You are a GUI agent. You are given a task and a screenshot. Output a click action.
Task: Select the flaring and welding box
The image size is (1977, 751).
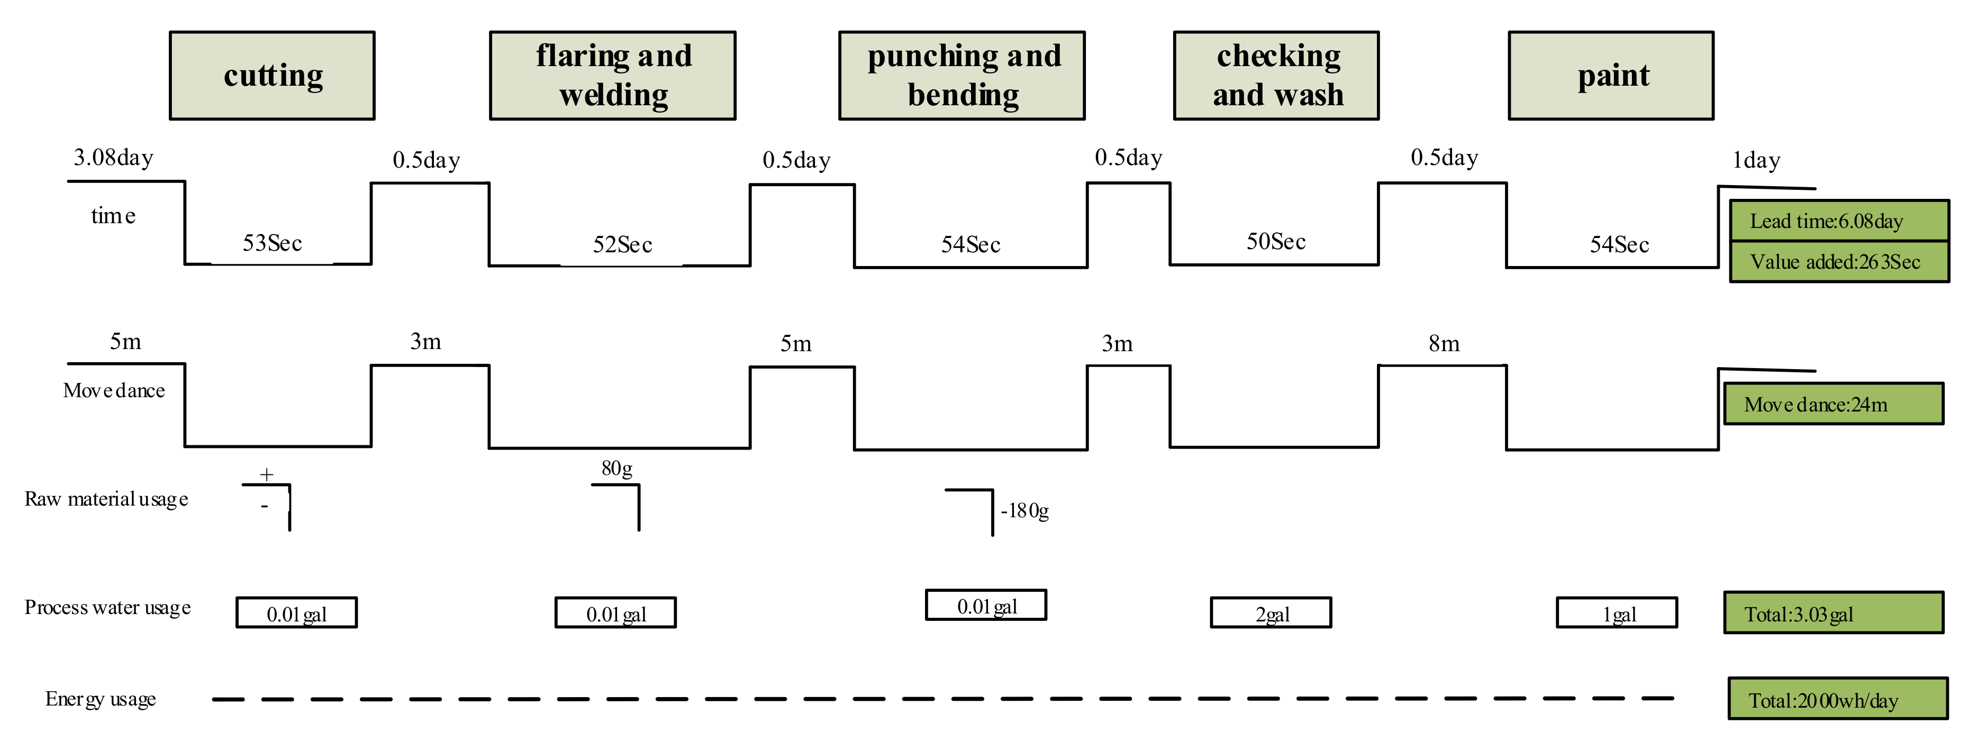pos(612,75)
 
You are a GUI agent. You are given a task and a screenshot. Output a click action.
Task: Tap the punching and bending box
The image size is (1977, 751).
pos(962,75)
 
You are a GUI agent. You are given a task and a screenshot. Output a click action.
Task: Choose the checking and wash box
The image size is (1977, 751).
pos(1276,75)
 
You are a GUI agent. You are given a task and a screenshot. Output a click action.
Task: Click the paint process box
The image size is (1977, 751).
pos(1611,75)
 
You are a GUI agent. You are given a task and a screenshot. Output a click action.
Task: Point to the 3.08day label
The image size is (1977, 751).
pos(114,158)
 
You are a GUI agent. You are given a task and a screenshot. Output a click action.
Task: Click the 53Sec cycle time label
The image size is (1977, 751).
pos(273,244)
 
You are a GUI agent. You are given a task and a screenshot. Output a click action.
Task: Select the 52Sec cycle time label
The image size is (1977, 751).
pos(622,245)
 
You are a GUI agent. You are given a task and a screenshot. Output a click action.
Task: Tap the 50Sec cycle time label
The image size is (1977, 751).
pos(1275,242)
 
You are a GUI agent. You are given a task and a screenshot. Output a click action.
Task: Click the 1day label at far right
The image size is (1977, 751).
pos(1756,160)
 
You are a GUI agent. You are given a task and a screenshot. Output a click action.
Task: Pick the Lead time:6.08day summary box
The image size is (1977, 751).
pos(1839,221)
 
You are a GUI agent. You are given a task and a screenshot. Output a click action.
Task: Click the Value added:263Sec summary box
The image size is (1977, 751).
pos(1839,262)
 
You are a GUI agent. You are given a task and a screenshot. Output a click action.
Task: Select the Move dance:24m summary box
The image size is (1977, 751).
pos(1834,404)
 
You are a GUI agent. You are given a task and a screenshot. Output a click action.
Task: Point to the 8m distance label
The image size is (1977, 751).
pos(1444,344)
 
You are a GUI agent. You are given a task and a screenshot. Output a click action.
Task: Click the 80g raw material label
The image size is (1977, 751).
pos(617,468)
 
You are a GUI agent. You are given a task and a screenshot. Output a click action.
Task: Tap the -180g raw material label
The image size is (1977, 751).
pos(1024,511)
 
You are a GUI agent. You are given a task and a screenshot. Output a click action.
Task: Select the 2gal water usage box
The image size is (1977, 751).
pos(1271,613)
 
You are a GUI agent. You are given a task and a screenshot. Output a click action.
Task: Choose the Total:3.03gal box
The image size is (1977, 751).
pos(1834,613)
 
